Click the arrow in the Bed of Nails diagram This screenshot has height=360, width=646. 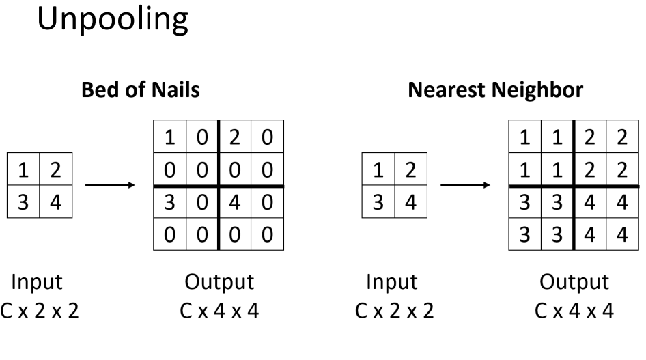(111, 186)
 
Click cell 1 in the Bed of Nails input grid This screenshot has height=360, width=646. (23, 171)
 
